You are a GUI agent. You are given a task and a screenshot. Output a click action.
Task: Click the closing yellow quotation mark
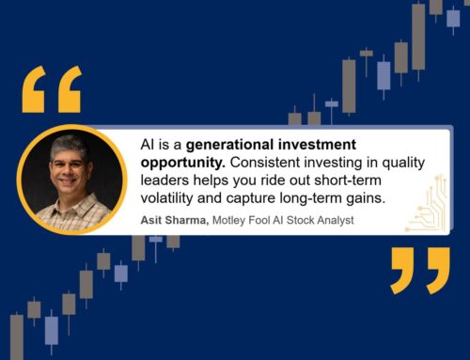tap(420, 271)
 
